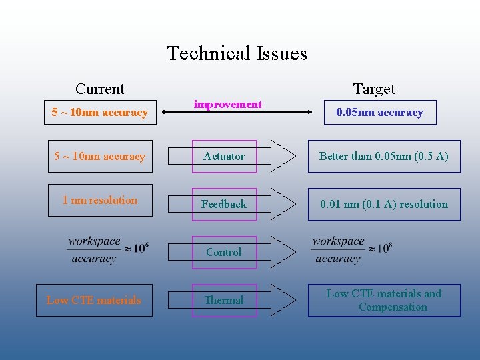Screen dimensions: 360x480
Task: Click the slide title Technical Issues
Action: (237, 53)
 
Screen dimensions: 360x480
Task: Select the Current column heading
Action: (100, 89)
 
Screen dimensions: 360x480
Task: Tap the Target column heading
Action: (374, 89)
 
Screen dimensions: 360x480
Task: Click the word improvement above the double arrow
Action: (227, 104)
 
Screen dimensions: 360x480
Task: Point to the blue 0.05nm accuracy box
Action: (379, 112)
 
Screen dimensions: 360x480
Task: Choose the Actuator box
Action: (224, 156)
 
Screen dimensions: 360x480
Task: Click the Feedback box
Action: (224, 204)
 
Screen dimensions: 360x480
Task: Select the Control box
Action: (224, 252)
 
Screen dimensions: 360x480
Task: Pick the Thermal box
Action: (224, 300)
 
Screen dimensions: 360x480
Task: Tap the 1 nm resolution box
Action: (100, 200)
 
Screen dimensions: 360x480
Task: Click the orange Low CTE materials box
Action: (94, 300)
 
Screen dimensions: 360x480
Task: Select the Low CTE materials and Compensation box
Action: (384, 300)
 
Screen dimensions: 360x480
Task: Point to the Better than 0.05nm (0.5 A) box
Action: (384, 156)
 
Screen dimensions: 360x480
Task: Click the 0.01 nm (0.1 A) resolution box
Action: (384, 204)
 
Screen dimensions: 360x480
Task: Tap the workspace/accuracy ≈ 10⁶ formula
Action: (107, 250)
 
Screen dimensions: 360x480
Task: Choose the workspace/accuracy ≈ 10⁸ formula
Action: (351, 250)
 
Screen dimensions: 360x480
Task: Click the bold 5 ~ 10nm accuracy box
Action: (100, 112)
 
